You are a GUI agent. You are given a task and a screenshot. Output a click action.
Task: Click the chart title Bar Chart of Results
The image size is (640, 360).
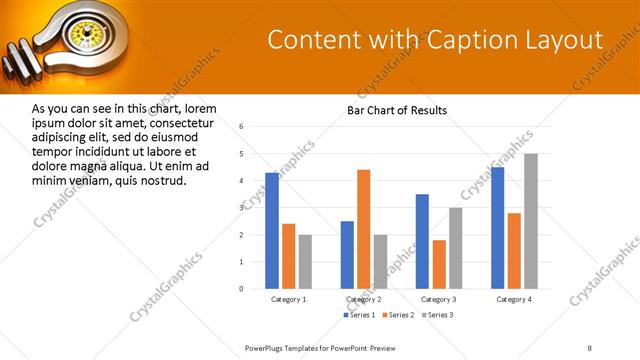(x=396, y=110)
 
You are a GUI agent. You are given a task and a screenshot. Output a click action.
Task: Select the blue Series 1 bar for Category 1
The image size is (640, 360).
(x=272, y=230)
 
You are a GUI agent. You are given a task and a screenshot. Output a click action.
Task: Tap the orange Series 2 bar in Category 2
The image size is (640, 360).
(x=363, y=229)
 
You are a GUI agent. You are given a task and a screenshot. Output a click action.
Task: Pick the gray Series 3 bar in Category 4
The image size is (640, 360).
(x=531, y=221)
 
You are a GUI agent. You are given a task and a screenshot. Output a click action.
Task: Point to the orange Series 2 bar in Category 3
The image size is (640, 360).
(x=438, y=264)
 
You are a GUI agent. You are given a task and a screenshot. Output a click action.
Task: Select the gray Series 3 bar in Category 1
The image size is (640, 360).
(x=305, y=261)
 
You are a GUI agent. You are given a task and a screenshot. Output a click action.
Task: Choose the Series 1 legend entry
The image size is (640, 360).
(x=361, y=315)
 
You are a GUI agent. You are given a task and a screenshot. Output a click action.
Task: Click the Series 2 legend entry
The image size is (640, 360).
(x=397, y=315)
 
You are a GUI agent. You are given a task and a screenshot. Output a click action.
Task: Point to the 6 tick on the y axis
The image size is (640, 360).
(x=241, y=127)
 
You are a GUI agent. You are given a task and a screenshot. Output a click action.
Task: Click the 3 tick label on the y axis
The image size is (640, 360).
(x=241, y=207)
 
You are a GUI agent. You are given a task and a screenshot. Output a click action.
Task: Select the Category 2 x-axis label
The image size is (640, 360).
(x=363, y=299)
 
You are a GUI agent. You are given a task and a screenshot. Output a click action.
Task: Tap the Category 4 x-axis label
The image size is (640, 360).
(x=514, y=299)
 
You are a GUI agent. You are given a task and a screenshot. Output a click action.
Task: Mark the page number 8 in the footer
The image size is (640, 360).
(x=590, y=347)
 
